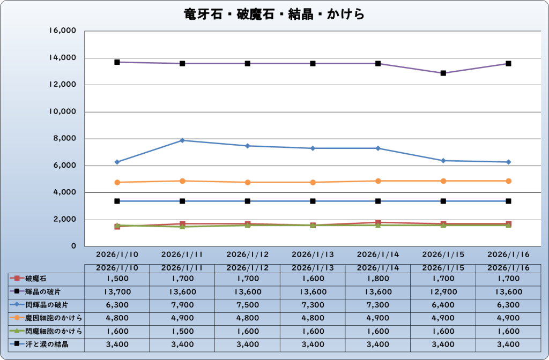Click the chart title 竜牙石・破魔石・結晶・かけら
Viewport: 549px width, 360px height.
coord(274,14)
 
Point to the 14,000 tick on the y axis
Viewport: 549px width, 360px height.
coord(64,58)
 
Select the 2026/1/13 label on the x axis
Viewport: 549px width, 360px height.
coord(313,253)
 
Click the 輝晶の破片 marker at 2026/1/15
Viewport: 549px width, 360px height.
coord(443,73)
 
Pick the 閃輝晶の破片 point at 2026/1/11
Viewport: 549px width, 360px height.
coord(182,140)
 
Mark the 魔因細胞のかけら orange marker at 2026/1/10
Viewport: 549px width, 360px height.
coord(117,183)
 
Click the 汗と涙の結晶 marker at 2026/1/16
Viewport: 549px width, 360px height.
coord(509,201)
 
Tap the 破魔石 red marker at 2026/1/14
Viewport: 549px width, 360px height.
coord(378,222)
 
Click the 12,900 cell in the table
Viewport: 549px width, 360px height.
coord(443,291)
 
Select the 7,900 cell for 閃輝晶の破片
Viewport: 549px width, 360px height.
coord(182,305)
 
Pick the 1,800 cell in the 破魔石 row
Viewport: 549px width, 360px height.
coord(378,279)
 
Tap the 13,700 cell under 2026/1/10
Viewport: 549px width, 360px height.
coord(117,291)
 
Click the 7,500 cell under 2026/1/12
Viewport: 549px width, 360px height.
coord(247,305)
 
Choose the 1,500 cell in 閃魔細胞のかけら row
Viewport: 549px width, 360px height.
coord(182,331)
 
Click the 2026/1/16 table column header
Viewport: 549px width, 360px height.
coord(509,267)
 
